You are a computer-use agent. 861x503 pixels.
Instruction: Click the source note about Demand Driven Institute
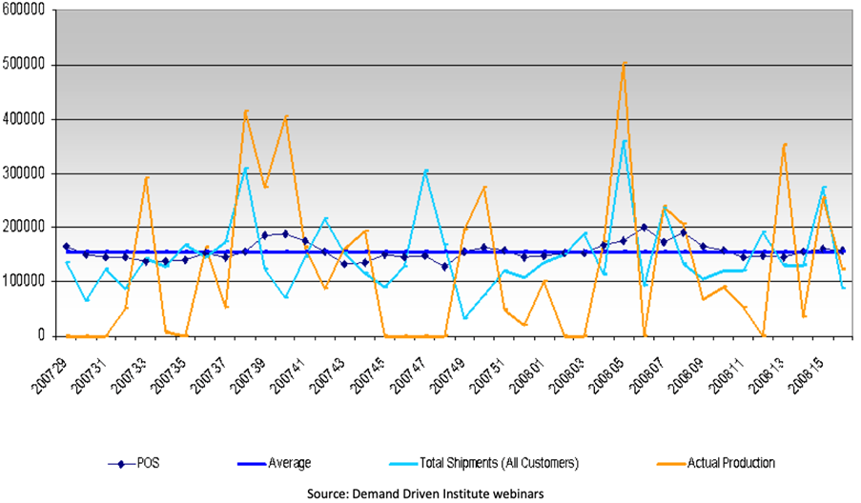[429, 493]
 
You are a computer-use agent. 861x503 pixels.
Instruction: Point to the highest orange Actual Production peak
[624, 64]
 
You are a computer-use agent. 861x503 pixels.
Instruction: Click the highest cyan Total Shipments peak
[624, 142]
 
